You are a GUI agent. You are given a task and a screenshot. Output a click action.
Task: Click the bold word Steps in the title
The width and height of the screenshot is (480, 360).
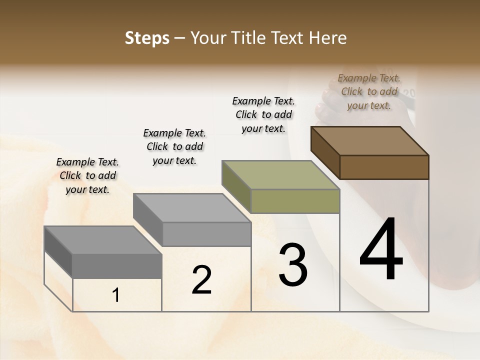pyautogui.click(x=147, y=38)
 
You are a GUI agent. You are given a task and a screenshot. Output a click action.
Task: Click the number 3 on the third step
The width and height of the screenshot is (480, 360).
pyautogui.click(x=293, y=265)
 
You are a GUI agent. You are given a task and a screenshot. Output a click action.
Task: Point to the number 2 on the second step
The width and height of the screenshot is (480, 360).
pyautogui.click(x=202, y=280)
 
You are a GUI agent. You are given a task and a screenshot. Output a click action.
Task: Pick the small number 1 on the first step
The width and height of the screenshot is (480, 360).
pyautogui.click(x=115, y=295)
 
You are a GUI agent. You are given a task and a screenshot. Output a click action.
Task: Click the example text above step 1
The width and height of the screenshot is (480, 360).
pyautogui.click(x=87, y=175)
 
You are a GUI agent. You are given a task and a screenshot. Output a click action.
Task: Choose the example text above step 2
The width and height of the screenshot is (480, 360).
pyautogui.click(x=174, y=146)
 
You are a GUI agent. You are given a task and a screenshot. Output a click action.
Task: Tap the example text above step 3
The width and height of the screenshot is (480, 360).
pyautogui.click(x=263, y=114)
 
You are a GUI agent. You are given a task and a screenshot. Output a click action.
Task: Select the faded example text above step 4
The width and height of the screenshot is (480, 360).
pyautogui.click(x=369, y=91)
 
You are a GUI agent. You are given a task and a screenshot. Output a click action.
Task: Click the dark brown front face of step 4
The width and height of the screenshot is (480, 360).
pyautogui.click(x=384, y=167)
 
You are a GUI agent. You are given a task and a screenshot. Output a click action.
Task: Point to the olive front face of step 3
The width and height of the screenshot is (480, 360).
pyautogui.click(x=295, y=201)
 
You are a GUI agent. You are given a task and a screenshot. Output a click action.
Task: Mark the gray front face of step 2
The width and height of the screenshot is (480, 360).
pyautogui.click(x=206, y=234)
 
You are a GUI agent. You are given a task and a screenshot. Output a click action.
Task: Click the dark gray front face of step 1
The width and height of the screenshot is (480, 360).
pyautogui.click(x=117, y=265)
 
